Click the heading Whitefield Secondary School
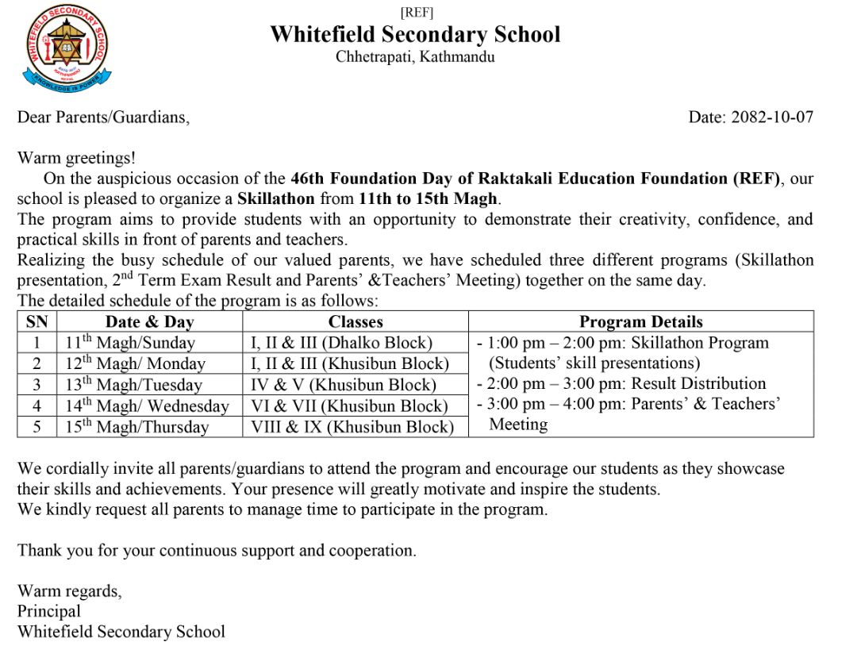click(x=415, y=35)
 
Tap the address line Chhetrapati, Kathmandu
click(x=415, y=57)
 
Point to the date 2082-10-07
click(x=772, y=117)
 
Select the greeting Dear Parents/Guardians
click(x=104, y=117)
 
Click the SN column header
click(x=37, y=321)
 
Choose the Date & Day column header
click(x=149, y=321)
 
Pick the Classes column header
click(x=355, y=321)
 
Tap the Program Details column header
click(x=641, y=321)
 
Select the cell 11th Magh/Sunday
click(x=130, y=343)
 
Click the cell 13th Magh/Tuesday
click(x=133, y=385)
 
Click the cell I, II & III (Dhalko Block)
click(x=342, y=343)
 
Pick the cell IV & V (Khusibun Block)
click(x=344, y=385)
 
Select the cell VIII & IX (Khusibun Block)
click(x=352, y=427)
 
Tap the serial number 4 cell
click(x=37, y=406)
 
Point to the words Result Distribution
click(x=698, y=384)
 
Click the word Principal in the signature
click(x=49, y=611)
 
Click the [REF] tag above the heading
click(x=417, y=12)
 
